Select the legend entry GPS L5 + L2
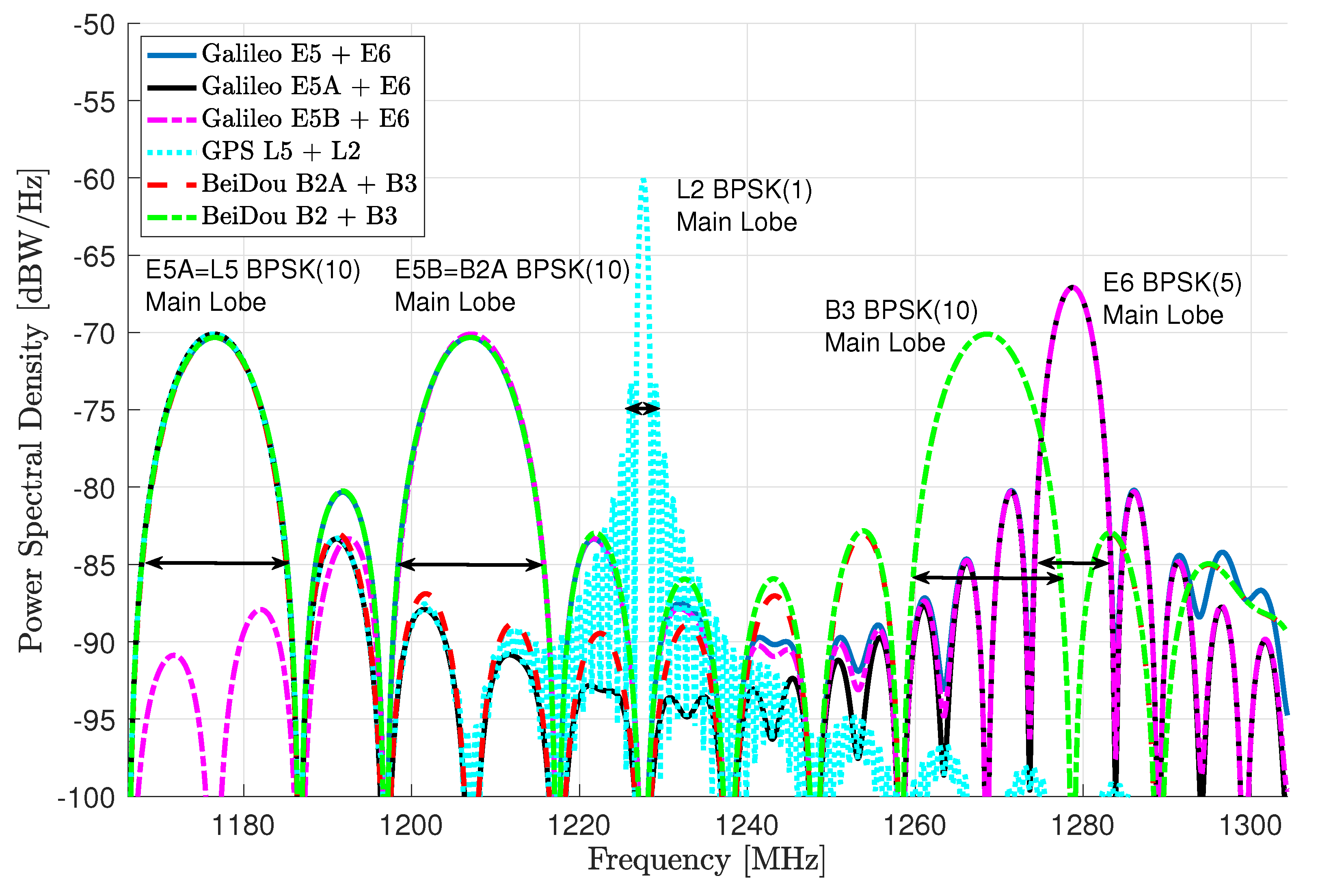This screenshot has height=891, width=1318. pyautogui.click(x=281, y=152)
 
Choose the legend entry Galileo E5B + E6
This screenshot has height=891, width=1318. pyautogui.click(x=305, y=119)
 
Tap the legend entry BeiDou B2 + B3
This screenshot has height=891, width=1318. pyautogui.click(x=299, y=216)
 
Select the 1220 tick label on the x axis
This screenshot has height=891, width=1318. pyautogui.click(x=579, y=826)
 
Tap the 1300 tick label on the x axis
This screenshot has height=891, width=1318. pyautogui.click(x=1250, y=826)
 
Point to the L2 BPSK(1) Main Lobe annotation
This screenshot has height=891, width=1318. pyautogui.click(x=743, y=206)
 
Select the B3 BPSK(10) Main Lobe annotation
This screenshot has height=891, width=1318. pyautogui.click(x=901, y=326)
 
